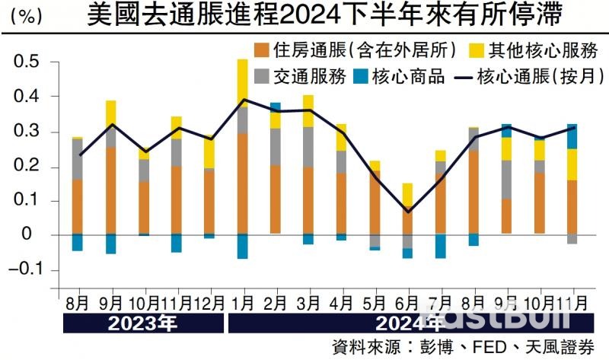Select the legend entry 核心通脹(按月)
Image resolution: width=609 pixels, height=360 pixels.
click(x=525, y=77)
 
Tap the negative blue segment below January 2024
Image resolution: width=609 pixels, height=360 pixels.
click(x=243, y=246)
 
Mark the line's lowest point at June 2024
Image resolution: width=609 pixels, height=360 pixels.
click(x=408, y=212)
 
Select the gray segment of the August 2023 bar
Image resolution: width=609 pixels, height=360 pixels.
click(x=78, y=158)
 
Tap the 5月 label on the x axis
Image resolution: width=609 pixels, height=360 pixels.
click(x=375, y=301)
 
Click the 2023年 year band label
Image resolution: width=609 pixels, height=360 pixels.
click(x=143, y=323)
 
